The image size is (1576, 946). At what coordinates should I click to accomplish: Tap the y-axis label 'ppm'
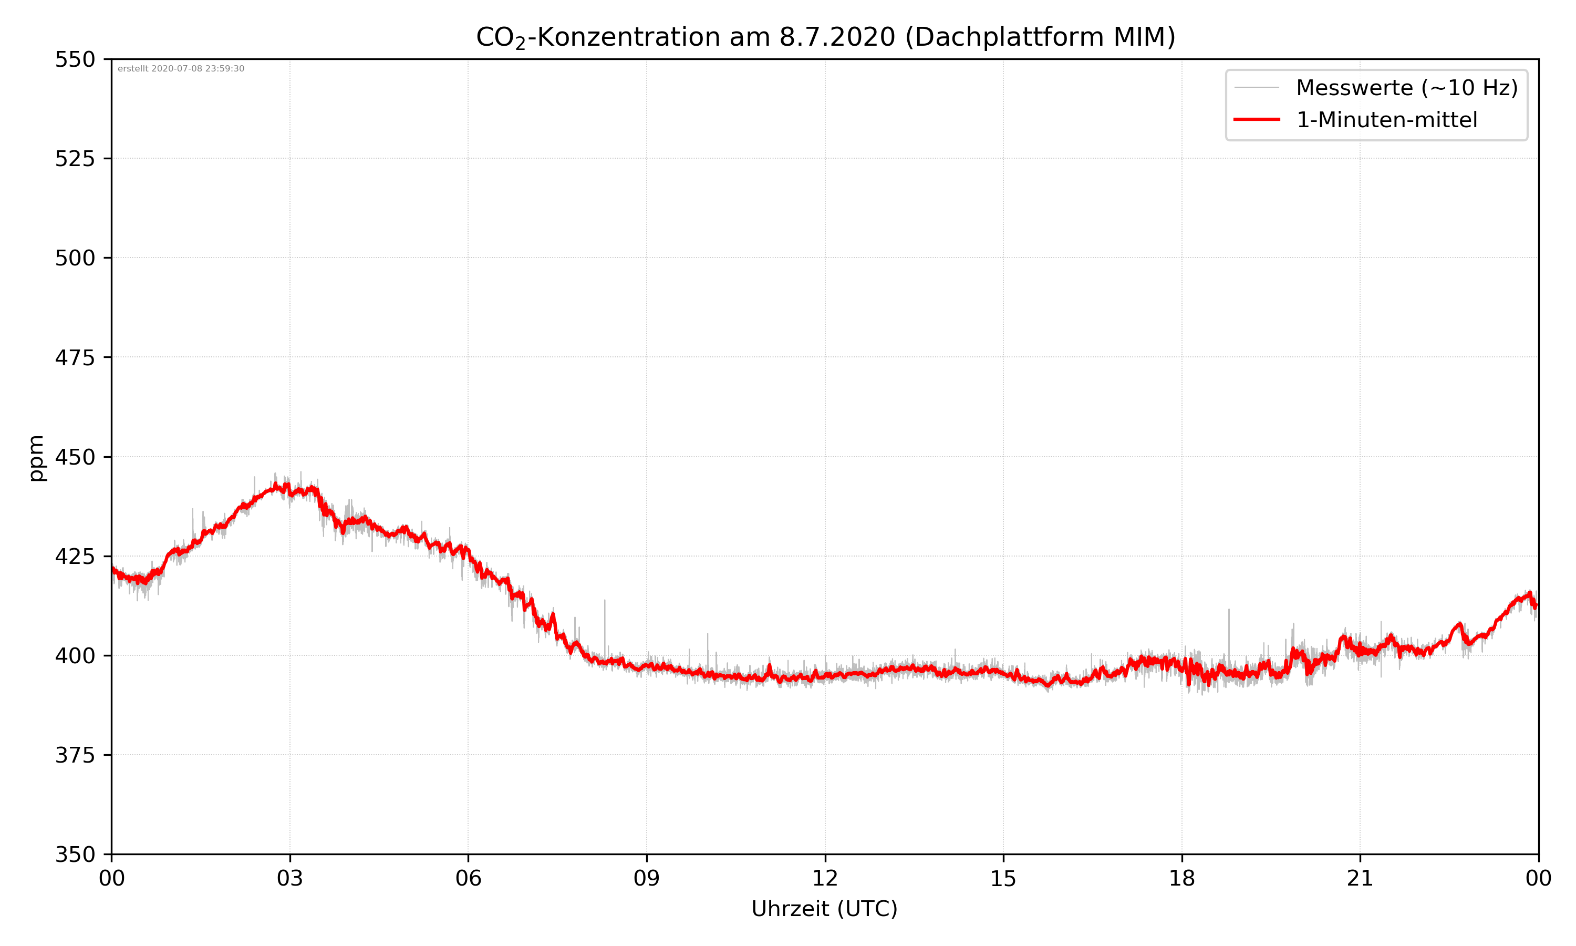tap(36, 458)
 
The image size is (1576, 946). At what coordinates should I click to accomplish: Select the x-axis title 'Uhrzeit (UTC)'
tap(824, 908)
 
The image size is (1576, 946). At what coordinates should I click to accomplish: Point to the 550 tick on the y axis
tap(75, 60)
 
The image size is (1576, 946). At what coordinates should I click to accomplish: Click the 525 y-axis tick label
tap(75, 159)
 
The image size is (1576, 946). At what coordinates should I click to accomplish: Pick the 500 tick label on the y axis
tap(75, 258)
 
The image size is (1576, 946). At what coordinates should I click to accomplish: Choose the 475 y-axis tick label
tap(75, 357)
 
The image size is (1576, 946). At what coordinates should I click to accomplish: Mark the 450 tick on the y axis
tap(75, 457)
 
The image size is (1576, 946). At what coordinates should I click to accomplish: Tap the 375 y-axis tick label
tap(75, 755)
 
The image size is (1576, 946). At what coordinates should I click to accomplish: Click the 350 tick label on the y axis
tap(75, 855)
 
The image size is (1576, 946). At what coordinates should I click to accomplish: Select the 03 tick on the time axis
tap(290, 878)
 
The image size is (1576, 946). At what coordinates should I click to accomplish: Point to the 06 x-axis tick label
tap(468, 878)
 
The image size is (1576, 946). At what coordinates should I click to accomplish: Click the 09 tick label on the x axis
tap(647, 878)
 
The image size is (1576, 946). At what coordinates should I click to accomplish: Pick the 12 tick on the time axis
tap(825, 878)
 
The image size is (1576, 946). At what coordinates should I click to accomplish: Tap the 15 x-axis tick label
tap(1003, 878)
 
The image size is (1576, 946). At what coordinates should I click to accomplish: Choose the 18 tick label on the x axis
tap(1181, 878)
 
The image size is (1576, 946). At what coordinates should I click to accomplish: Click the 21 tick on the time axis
tap(1360, 878)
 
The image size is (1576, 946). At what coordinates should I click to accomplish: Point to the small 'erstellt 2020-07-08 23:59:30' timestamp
tap(181, 69)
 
